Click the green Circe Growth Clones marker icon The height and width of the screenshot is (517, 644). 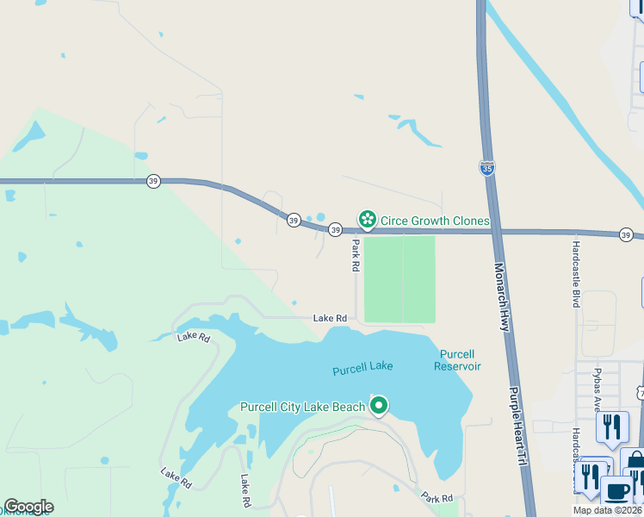(x=368, y=221)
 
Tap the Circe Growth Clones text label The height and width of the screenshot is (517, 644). (x=435, y=221)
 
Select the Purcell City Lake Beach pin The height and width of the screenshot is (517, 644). (x=379, y=405)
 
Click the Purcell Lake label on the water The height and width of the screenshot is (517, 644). (x=362, y=367)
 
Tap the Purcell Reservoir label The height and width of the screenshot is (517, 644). (x=458, y=360)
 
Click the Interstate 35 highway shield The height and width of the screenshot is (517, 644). (x=487, y=167)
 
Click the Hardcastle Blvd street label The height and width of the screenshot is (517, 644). (x=576, y=273)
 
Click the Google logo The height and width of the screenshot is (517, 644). (x=28, y=507)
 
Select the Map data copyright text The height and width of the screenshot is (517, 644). (x=607, y=510)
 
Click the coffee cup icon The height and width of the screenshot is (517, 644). (x=616, y=491)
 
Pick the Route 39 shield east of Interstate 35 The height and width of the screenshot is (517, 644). (x=627, y=234)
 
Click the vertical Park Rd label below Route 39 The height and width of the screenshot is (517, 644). (x=355, y=256)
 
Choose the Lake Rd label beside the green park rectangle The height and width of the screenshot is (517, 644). (x=330, y=318)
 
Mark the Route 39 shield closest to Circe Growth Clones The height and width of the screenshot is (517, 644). (x=335, y=229)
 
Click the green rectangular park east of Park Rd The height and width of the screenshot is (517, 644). (x=399, y=278)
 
